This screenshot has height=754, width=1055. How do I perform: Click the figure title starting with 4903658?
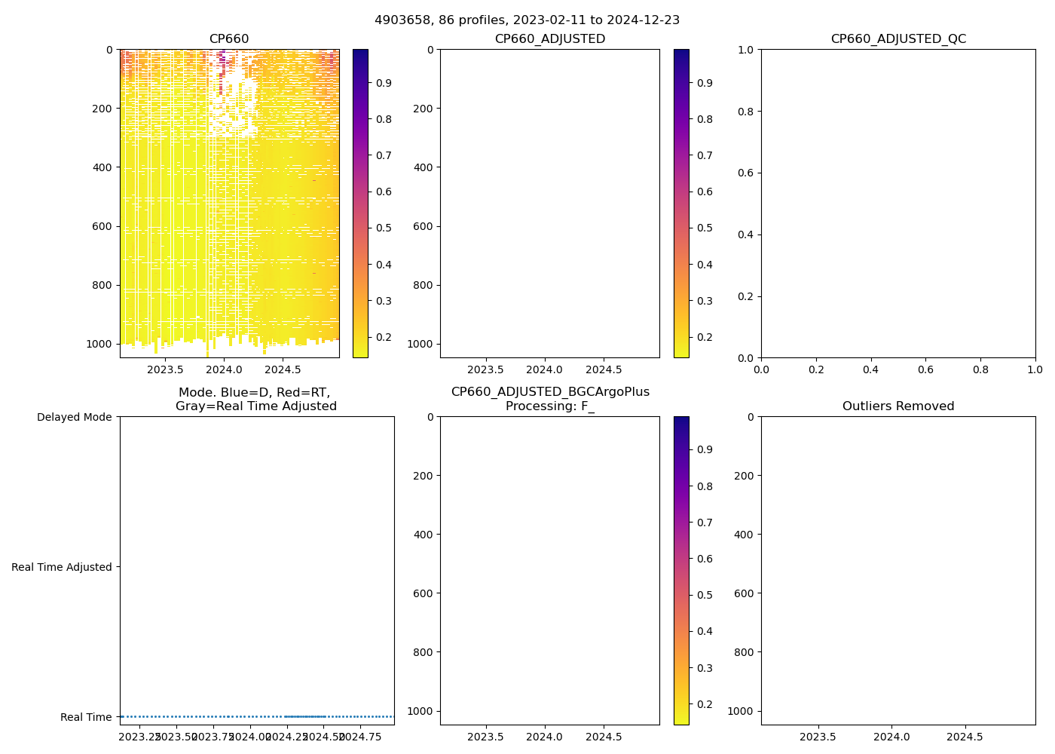tap(527, 20)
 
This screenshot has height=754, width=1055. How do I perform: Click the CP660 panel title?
tap(229, 39)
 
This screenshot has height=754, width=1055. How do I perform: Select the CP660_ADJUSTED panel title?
tap(549, 39)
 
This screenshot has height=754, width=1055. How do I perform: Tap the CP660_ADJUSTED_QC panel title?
tap(898, 39)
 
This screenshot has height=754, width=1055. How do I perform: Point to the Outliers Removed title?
tap(898, 406)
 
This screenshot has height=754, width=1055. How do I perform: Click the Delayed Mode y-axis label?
tap(75, 417)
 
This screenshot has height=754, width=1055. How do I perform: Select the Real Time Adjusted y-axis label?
tap(62, 567)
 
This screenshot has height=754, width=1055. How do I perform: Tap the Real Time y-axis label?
tap(86, 717)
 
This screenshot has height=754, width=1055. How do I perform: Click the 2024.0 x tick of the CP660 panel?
tap(224, 370)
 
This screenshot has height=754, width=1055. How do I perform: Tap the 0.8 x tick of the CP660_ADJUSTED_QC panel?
tap(980, 370)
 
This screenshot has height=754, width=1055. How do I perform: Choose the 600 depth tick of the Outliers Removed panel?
tap(741, 593)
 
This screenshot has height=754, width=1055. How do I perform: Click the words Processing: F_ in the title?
tap(549, 406)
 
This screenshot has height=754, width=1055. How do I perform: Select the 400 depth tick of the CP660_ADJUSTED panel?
tap(424, 167)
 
